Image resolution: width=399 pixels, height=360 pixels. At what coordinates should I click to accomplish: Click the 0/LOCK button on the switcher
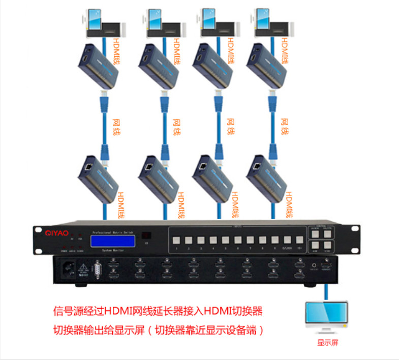[275, 239]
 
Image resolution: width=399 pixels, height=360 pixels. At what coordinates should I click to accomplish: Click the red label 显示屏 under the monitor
[327, 343]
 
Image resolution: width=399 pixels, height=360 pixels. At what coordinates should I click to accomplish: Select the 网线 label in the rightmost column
[286, 125]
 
